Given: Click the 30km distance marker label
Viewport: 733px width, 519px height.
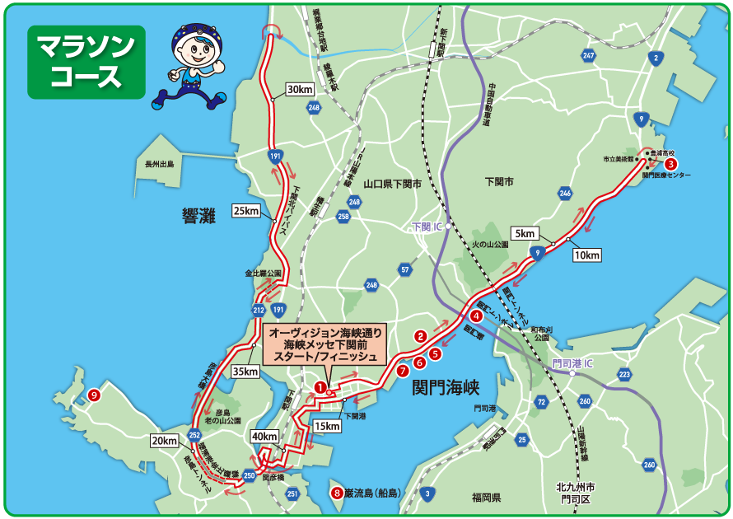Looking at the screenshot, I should tap(300, 89).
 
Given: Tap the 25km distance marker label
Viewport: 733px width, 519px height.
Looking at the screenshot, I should tap(245, 210).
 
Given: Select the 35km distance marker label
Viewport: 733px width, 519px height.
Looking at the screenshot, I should tap(245, 372).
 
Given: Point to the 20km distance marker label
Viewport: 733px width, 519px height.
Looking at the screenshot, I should tap(164, 441).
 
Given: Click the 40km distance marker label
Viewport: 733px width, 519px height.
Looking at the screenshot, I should tap(264, 436).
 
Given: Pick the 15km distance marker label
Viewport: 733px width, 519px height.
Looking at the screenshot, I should tap(326, 426).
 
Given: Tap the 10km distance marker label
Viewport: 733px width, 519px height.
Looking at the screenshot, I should tap(586, 255).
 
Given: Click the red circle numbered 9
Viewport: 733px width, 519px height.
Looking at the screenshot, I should tap(95, 395).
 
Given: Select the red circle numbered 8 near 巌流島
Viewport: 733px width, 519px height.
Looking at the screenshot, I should tap(336, 493).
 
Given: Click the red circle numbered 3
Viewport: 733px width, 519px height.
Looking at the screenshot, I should tap(671, 164).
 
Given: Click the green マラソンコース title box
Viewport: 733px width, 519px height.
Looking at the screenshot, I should tap(86, 62).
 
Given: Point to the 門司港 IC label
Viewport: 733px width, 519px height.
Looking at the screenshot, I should tap(572, 362).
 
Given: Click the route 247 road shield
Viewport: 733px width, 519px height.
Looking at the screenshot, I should tap(588, 56).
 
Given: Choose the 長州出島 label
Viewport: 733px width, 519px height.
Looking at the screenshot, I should tap(160, 164).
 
